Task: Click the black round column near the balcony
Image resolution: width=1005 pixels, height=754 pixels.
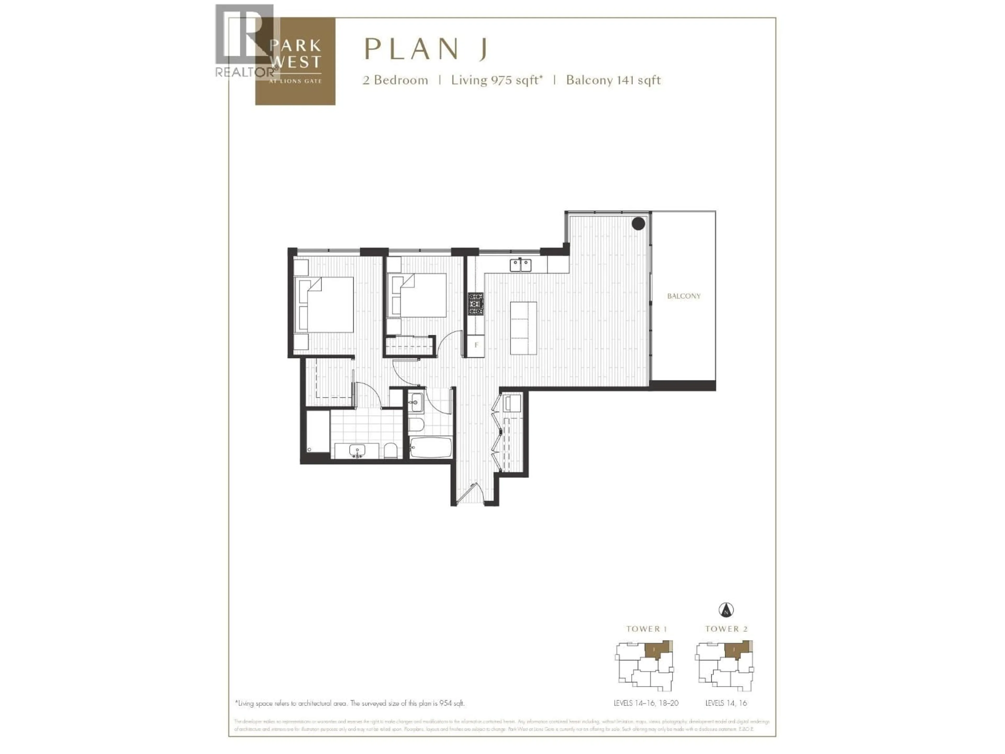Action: [638, 223]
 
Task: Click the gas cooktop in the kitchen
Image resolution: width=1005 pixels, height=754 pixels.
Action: [476, 304]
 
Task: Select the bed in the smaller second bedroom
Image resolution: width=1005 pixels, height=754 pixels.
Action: [417, 295]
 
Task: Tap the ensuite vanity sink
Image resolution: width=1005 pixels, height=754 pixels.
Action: [357, 450]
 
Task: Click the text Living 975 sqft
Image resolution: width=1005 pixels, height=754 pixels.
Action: [496, 80]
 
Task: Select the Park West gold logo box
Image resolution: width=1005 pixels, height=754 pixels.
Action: [295, 61]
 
